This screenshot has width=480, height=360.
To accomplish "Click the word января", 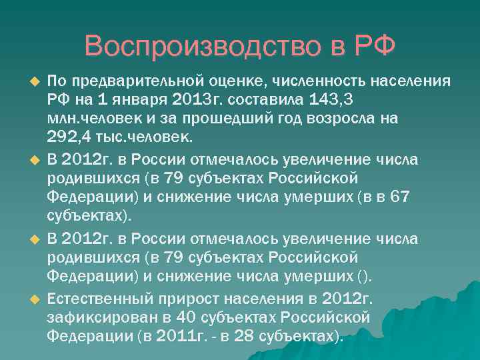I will pos(137,100).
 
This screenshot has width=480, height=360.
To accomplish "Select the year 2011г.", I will pos(182,335).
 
